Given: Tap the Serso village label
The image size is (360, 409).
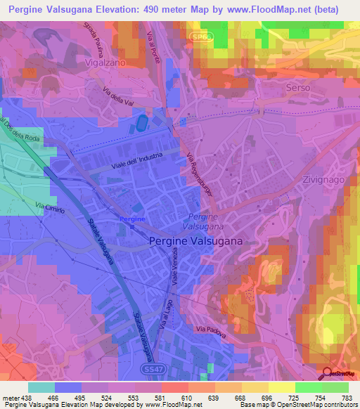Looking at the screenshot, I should [x=297, y=87].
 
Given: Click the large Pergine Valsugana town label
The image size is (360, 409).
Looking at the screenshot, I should [x=195, y=241].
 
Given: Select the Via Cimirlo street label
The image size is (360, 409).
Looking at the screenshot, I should [x=51, y=209].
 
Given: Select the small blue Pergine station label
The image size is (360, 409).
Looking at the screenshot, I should [x=132, y=219].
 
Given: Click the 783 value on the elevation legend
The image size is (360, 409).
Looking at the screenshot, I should [x=347, y=398].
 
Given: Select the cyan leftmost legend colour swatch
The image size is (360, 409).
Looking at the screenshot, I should [x=41, y=387].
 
